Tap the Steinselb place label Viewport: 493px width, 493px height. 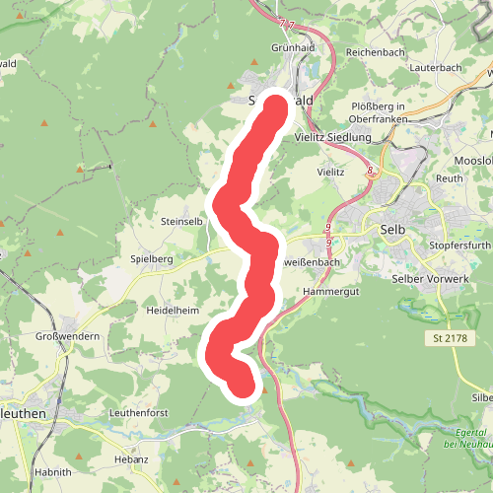point(181,222)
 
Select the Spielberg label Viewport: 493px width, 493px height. point(152,258)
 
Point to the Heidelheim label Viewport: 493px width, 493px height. point(173,311)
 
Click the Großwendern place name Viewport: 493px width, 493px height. point(67,336)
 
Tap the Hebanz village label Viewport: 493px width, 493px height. point(131,459)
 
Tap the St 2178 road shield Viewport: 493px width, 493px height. point(449,339)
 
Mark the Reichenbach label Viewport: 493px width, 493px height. point(376,51)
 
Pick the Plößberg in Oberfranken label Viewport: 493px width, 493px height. point(385,113)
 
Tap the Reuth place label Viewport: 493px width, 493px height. point(450,178)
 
